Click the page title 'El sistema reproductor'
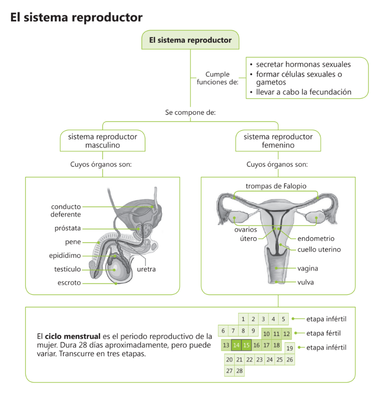click(76, 17)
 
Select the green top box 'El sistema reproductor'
click(190, 40)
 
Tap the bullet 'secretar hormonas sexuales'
click(303, 64)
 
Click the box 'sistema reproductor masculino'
click(103, 141)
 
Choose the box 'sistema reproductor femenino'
click(278, 141)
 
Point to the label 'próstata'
click(68, 228)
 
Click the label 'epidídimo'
click(65, 256)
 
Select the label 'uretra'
click(146, 269)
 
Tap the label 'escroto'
click(69, 283)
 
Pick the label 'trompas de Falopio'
click(276, 186)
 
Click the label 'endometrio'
click(316, 239)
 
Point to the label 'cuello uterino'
click(319, 250)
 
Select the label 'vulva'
click(306, 282)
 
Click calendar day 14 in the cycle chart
click(236, 345)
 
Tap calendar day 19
click(289, 349)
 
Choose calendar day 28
click(239, 371)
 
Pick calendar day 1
click(243, 319)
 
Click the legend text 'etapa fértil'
click(323, 333)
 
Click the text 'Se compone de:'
click(190, 113)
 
